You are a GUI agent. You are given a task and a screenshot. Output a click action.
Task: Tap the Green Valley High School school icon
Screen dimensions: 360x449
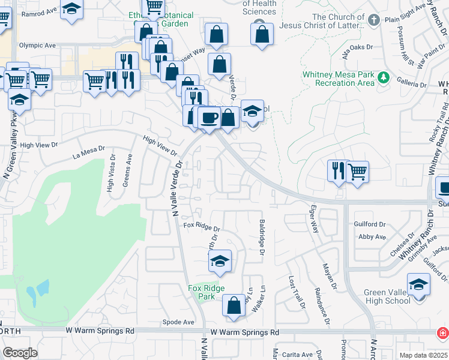pos(418,284)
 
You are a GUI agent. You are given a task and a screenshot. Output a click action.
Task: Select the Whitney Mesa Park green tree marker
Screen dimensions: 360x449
pos(382,77)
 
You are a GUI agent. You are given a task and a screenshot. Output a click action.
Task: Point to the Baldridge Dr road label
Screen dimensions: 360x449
pos(262,237)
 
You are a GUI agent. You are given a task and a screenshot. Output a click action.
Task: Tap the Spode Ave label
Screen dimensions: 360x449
pos(178,322)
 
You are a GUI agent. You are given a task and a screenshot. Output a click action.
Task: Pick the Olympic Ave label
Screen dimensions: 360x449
pos(37,45)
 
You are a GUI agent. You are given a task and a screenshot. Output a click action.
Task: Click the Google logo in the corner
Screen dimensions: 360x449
pos(20,353)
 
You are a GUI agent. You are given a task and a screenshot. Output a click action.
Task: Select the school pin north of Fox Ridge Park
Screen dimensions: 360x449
pos(220,261)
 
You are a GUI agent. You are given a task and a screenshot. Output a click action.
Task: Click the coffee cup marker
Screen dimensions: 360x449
pos(209,117)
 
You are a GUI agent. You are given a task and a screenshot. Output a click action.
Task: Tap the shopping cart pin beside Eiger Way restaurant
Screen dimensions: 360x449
pos(357,172)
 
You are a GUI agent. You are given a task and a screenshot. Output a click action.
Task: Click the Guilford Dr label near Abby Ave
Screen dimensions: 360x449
pos(370,224)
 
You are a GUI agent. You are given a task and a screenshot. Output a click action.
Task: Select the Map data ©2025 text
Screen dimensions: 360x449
pos(423,355)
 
